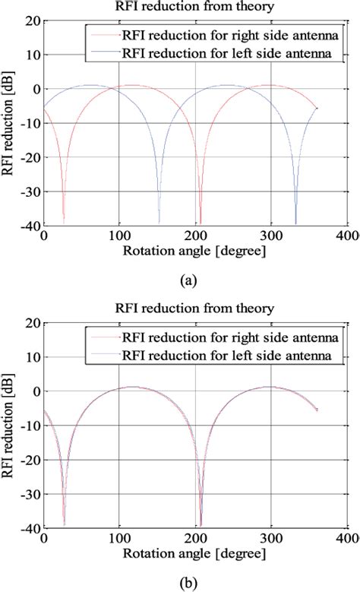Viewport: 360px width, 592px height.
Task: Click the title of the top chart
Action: [196, 8]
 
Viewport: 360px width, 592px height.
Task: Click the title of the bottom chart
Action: [196, 309]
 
